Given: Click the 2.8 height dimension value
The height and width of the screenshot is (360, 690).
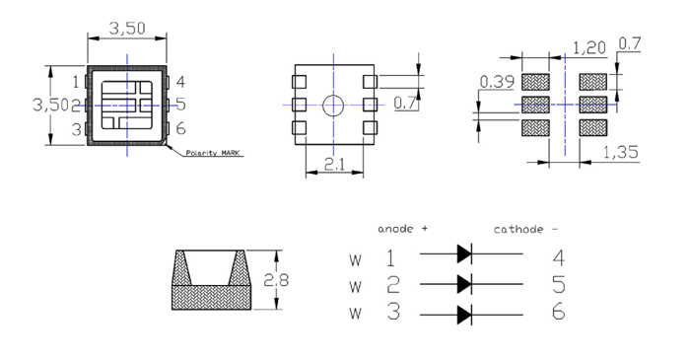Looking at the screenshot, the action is pos(276,280).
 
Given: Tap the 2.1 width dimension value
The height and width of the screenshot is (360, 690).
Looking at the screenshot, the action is pos(335,165).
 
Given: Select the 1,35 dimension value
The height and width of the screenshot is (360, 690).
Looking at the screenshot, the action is pos(620,152).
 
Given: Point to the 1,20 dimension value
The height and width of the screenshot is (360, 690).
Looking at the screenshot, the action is pos(589,48).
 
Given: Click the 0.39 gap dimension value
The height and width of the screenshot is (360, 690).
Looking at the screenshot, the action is pos(497,82).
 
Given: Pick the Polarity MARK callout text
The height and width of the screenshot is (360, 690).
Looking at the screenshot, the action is pos(213,153).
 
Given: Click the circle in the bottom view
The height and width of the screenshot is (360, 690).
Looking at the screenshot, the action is pos(333,106).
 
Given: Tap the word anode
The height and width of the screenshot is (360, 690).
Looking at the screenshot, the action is pos(395,229).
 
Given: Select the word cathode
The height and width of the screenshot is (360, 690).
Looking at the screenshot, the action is pos(518,229).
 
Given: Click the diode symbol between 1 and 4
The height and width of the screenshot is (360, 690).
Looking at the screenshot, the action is pos(464,253).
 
